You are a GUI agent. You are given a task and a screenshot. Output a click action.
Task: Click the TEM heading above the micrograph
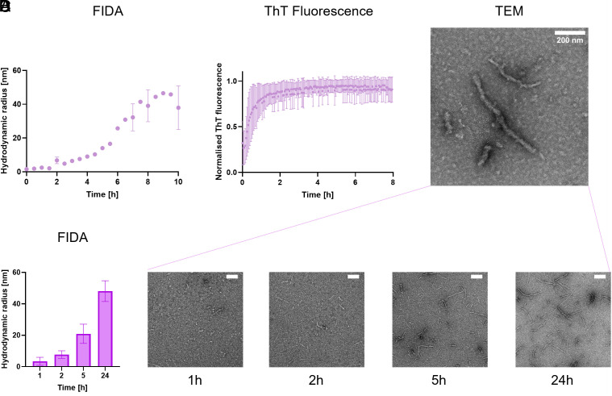click(x=521, y=11)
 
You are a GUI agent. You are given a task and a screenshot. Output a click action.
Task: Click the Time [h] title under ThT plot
click(x=318, y=195)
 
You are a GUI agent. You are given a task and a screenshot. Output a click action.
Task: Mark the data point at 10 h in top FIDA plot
click(x=178, y=107)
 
